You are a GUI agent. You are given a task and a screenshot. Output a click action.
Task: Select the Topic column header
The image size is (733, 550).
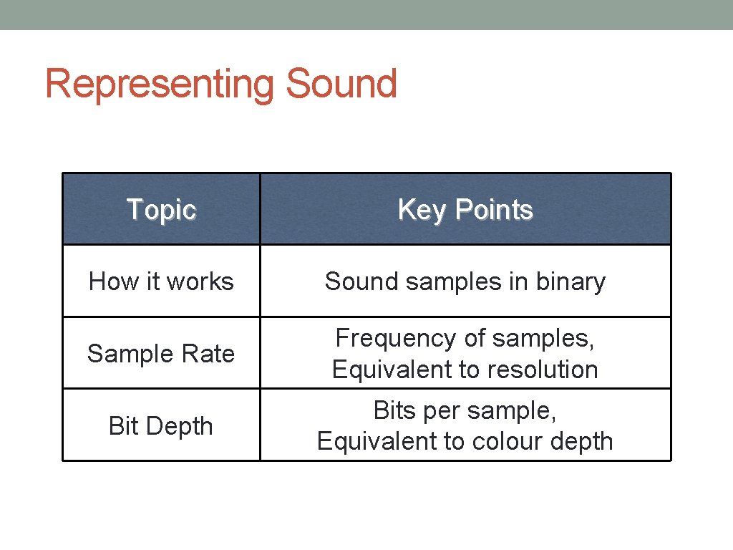[x=161, y=210]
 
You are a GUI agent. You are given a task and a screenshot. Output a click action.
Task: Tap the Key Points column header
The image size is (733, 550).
[x=465, y=210]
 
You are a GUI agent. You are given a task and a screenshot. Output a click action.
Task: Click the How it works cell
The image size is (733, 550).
[x=161, y=281]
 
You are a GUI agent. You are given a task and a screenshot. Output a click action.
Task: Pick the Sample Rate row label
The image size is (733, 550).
[x=161, y=354]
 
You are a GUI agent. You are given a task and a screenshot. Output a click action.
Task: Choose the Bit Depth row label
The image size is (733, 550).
[x=161, y=426]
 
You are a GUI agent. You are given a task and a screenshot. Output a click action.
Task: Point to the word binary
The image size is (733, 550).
[x=571, y=281]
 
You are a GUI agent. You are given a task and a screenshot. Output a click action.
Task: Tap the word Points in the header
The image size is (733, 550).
[x=494, y=210]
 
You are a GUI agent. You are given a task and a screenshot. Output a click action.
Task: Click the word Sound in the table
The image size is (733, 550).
[x=362, y=281]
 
